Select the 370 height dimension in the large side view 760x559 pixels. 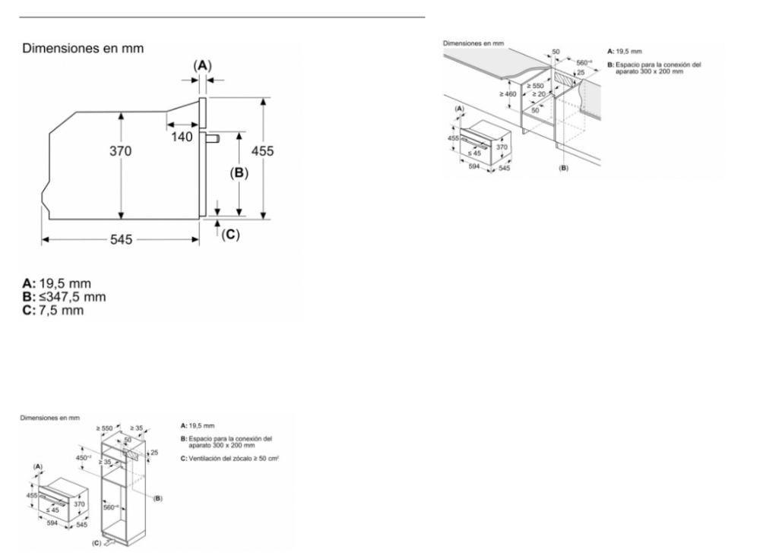tap(119, 152)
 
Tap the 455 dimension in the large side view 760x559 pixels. tap(262, 151)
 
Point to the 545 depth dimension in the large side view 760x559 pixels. tap(119, 240)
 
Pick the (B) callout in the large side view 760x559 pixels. tap(239, 172)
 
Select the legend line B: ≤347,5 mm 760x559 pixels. tap(64, 296)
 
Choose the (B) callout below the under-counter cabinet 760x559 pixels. tap(563, 166)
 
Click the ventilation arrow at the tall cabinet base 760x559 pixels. tap(112, 543)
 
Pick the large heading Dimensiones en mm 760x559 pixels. tap(84, 49)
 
